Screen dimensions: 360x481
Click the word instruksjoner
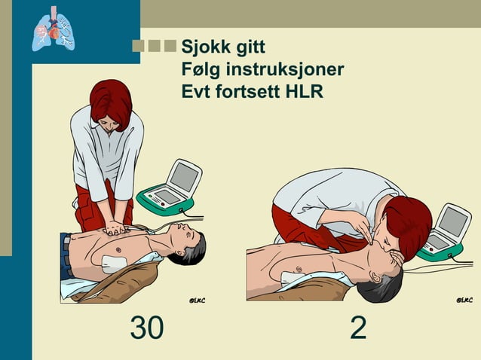[280, 70]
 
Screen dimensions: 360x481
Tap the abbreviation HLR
[302, 93]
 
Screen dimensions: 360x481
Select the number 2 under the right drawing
[358, 328]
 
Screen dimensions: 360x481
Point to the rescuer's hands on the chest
[115, 227]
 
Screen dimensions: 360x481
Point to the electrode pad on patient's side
[114, 264]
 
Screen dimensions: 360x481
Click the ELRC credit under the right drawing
[465, 301]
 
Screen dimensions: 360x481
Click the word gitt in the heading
[249, 47]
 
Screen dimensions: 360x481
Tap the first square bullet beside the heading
[138, 46]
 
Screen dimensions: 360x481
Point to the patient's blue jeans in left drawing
[66, 256]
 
